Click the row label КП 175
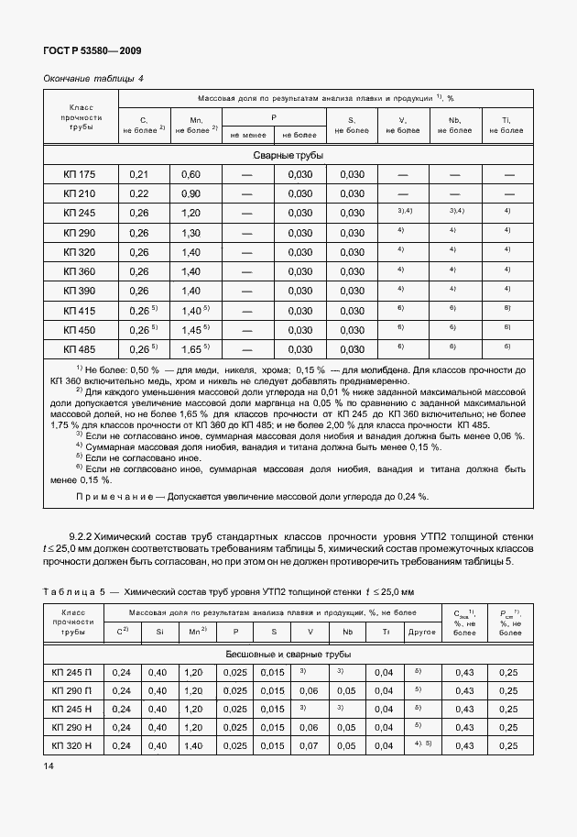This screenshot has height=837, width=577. (x=80, y=174)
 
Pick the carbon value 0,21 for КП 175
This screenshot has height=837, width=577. (x=139, y=174)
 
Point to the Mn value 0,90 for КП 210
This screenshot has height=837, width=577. (x=191, y=193)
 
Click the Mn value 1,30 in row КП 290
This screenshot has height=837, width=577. (x=191, y=233)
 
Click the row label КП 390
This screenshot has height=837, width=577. (x=80, y=292)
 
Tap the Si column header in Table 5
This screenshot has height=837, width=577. (x=160, y=631)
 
